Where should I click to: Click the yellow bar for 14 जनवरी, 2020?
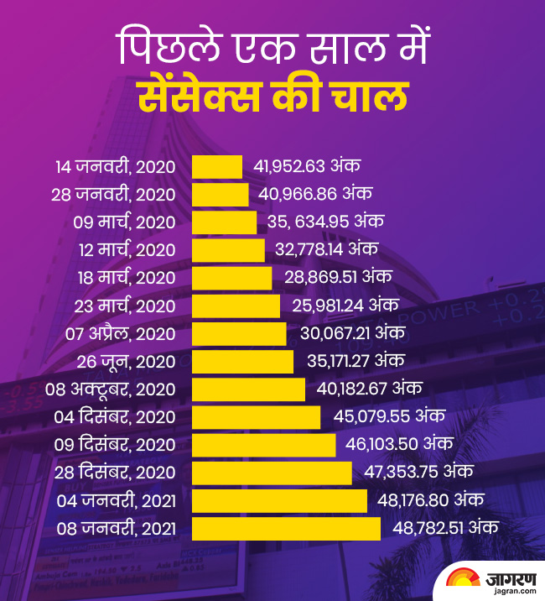point(217,166)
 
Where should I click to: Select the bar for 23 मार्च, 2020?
point(236,306)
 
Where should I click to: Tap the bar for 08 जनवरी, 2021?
point(286,529)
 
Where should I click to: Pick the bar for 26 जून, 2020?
point(243,362)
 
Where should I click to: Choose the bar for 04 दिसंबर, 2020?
point(257,417)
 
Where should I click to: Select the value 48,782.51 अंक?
point(446,529)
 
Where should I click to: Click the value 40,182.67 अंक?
point(369,389)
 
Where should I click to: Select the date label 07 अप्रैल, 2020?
point(121,334)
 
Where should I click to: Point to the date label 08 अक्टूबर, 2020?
point(111,389)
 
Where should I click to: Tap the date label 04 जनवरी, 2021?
point(117,501)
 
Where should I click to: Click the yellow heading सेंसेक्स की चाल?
point(272,97)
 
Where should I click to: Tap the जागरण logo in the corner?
point(490,579)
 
